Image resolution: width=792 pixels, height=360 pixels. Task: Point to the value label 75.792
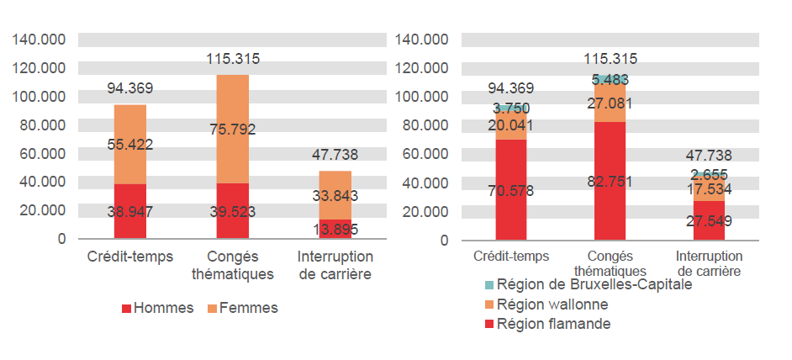coord(233,130)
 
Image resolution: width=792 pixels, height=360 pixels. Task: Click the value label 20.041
coord(511,125)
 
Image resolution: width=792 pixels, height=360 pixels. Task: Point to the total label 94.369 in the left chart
coord(130,87)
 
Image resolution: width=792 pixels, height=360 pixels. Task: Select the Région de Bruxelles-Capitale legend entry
coord(589,284)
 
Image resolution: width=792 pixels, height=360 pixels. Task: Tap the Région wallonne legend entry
coord(550,304)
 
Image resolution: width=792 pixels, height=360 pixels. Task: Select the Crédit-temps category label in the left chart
coord(130,256)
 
